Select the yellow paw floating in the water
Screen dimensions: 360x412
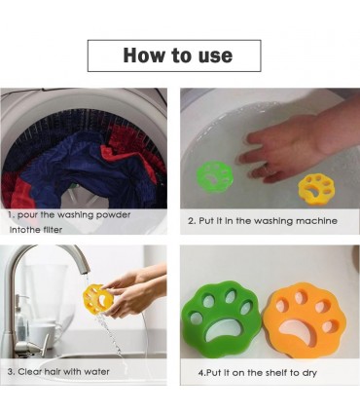pos(316,190)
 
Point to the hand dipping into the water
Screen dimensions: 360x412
pos(292,146)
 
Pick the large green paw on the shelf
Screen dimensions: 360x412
pos(223,317)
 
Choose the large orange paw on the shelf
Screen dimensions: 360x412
pos(304,320)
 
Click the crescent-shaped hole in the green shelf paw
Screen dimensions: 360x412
pos(224,328)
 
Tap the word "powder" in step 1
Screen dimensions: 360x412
pos(114,215)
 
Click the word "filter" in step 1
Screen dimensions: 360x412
pos(53,230)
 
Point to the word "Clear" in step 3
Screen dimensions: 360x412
pos(31,371)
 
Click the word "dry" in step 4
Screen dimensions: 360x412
pos(309,373)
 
